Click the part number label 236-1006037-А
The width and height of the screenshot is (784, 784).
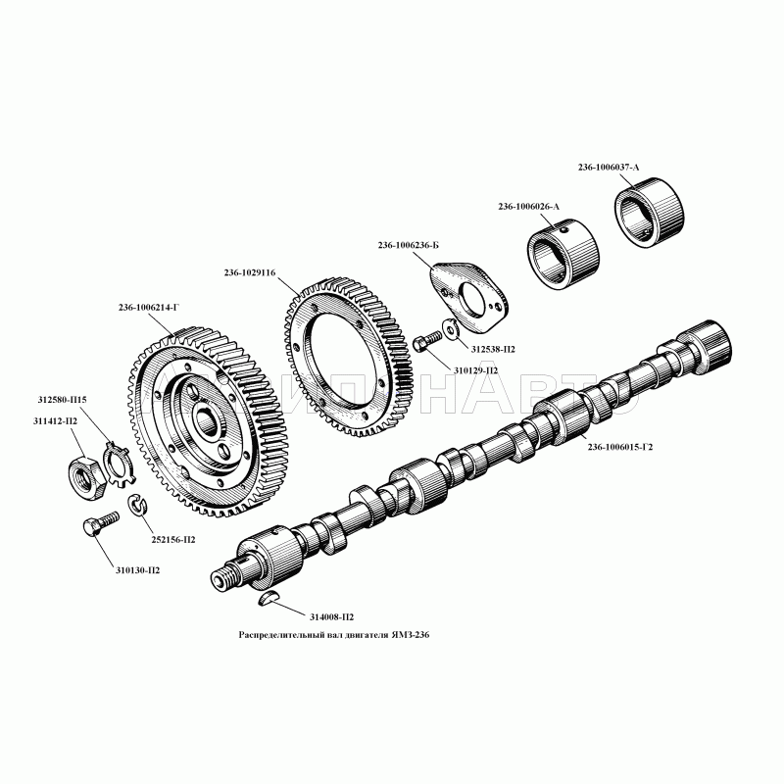[608, 168]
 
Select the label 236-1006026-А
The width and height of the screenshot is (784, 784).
[528, 207]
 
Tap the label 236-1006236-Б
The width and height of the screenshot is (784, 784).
[408, 246]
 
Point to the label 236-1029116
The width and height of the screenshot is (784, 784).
[250, 273]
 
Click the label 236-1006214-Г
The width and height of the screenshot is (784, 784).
[149, 308]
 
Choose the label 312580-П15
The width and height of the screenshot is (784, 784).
[62, 400]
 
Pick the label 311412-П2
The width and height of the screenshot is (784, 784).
[55, 421]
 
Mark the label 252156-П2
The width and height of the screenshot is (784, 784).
[173, 540]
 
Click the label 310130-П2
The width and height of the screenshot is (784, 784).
[137, 570]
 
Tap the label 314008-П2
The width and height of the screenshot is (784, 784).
[331, 617]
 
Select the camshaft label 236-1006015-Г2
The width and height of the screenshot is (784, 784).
[620, 447]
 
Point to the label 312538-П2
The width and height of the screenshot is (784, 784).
[493, 350]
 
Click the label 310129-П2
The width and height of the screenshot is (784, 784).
[475, 371]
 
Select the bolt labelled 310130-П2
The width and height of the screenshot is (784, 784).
[101, 523]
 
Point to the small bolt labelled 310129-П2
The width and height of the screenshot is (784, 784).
[427, 340]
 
